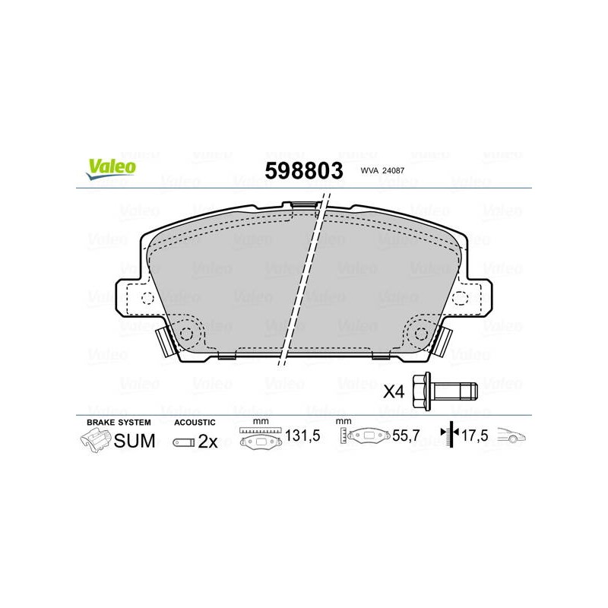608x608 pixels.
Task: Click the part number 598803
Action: coord(304,170)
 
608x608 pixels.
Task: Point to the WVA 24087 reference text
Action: coord(382,170)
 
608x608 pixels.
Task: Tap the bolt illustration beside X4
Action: coord(445,391)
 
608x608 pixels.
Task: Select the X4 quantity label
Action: coord(394,391)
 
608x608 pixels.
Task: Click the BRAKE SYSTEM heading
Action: coord(119,423)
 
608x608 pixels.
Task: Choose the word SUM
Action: coord(135,441)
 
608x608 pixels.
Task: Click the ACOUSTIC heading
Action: coord(195,423)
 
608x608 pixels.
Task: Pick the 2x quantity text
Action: coord(207,442)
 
